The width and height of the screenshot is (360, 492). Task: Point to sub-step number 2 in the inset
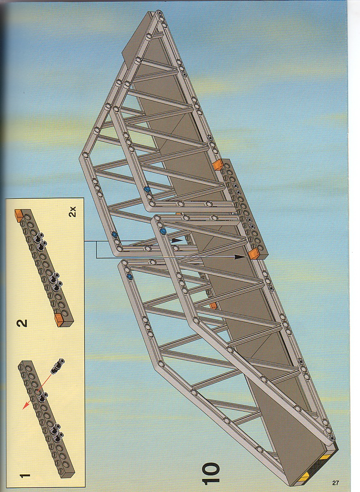coord(22,323)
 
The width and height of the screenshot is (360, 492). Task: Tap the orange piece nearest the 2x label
coord(19,215)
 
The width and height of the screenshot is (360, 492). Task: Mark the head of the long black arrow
coord(240,257)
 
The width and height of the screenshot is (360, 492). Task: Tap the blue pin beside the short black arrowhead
coord(163,231)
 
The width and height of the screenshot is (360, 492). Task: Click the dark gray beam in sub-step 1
coord(47,418)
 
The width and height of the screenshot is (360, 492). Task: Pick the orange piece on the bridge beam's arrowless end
coord(218,164)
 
